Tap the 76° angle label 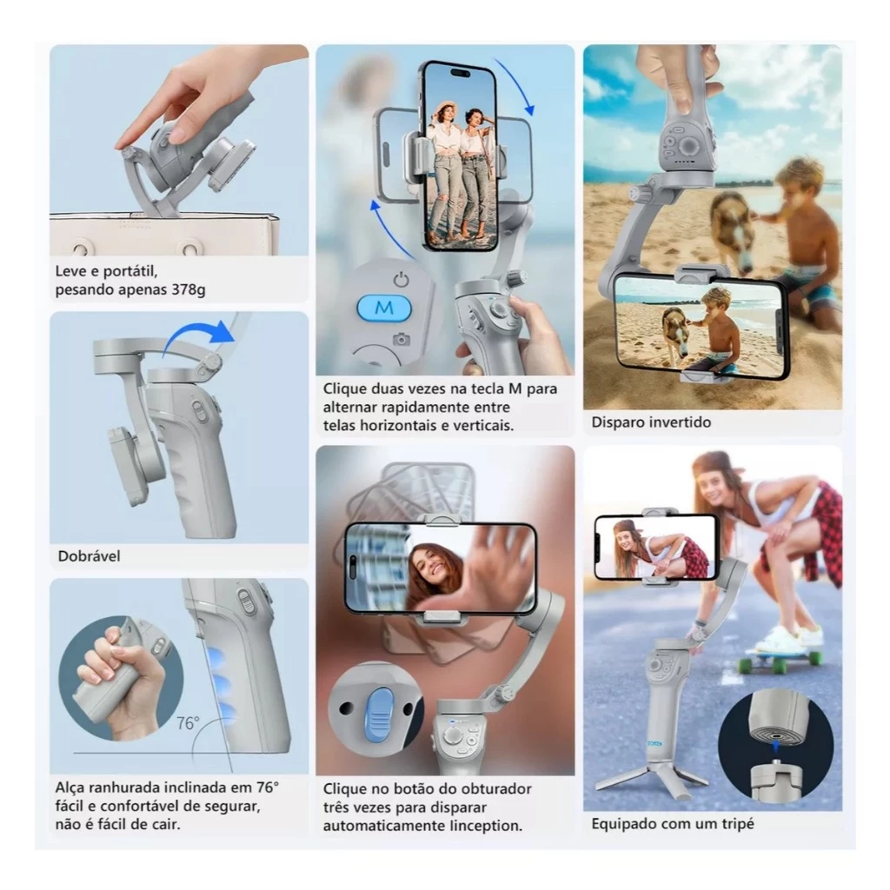click(x=188, y=722)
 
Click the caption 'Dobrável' click(x=89, y=556)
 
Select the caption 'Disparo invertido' click(x=651, y=422)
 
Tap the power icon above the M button click(x=401, y=280)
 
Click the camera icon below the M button click(x=401, y=339)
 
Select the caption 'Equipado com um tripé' click(x=673, y=823)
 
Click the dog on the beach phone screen click(x=676, y=330)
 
